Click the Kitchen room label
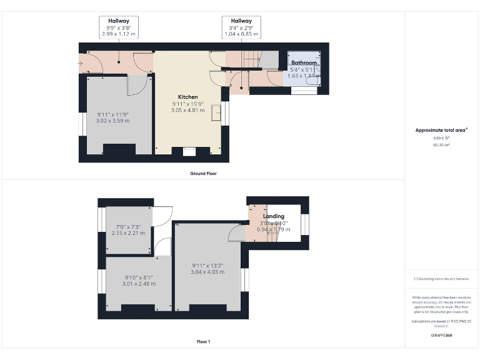(x=187, y=97)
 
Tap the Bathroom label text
(x=304, y=62)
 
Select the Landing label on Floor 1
(x=274, y=216)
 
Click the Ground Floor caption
(x=203, y=172)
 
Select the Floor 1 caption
(x=203, y=342)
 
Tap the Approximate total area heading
(x=441, y=130)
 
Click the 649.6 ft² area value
(x=441, y=138)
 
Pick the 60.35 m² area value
(x=441, y=144)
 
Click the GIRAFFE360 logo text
(x=441, y=336)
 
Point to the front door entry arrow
(x=81, y=63)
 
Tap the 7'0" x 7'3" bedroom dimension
(x=129, y=226)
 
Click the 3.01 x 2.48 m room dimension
(x=139, y=283)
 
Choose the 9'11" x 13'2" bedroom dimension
(x=208, y=266)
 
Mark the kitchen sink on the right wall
(x=216, y=112)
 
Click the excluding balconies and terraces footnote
(x=441, y=278)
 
